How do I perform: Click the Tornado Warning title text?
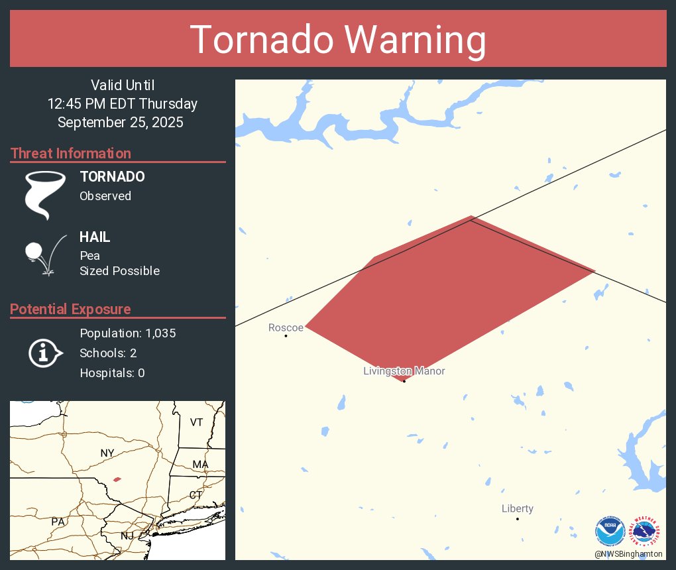coord(338,40)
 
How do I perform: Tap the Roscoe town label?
coord(286,327)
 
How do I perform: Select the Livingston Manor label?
coord(404,371)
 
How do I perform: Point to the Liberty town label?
coord(517,508)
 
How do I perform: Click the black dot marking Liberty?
coord(518,518)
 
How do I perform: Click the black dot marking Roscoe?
coord(286,336)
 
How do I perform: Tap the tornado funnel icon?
coord(45,195)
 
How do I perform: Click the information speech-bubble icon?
coord(45,353)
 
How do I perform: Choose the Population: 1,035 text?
coord(127,333)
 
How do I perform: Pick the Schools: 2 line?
coord(108,353)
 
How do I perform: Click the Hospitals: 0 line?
coord(112,373)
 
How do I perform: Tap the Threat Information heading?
coord(71,153)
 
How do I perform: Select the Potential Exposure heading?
coord(70,309)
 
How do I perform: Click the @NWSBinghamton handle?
coord(628,553)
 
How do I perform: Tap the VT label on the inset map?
coord(196,422)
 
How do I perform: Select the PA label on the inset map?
coord(58,522)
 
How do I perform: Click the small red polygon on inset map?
coord(117,479)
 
